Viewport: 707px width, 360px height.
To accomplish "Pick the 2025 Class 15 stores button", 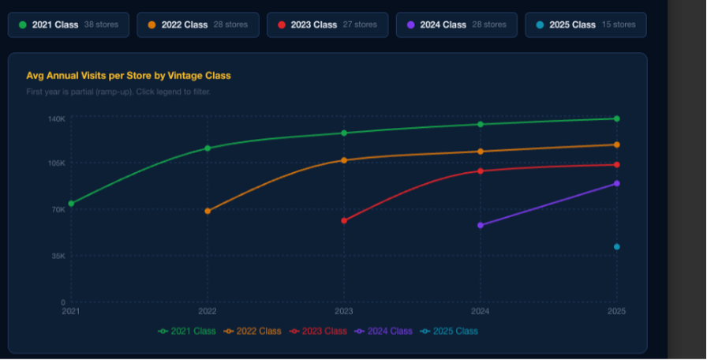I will (585, 24).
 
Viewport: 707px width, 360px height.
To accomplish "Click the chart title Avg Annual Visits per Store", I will (129, 76).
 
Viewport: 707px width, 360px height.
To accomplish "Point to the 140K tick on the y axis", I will (57, 118).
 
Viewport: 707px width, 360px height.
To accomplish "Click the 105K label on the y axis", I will (57, 163).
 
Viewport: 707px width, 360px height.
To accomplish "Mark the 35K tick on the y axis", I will (58, 256).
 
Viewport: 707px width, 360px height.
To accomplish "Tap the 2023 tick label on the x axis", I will (343, 312).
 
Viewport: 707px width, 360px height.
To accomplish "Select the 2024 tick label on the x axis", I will (480, 312).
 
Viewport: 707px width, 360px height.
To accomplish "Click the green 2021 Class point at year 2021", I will (71, 204).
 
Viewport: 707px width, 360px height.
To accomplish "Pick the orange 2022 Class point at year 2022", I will (208, 211).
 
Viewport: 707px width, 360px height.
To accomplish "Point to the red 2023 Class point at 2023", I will (344, 220).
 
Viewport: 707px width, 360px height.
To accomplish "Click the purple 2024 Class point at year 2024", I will (481, 225).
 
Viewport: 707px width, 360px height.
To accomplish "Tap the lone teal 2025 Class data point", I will (617, 247).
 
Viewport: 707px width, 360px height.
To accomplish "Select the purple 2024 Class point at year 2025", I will (617, 183).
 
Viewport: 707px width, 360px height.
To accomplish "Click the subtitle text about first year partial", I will (118, 92).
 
